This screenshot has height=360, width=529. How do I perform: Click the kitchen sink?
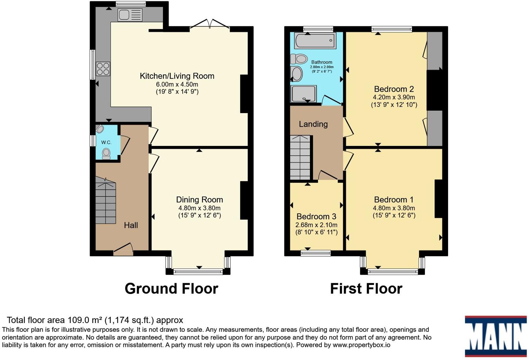tap(130, 15)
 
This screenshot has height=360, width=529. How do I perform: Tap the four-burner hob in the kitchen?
tap(103, 68)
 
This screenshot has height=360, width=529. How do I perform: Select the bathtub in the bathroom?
tap(315, 41)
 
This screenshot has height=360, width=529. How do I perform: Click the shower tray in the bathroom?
tap(304, 94)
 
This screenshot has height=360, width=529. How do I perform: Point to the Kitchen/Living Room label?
tap(177, 76)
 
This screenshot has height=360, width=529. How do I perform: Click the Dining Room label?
tap(199, 200)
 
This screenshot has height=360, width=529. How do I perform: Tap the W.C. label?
tap(106, 142)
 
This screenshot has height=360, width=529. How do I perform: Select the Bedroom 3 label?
tap(316, 216)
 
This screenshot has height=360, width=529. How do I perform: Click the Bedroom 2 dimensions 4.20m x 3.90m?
tap(394, 97)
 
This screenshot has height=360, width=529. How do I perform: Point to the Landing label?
tap(313, 124)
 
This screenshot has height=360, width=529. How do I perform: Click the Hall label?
tap(131, 225)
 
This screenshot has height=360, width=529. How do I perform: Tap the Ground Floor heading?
tap(171, 288)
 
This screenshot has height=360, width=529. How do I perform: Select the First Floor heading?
tap(366, 288)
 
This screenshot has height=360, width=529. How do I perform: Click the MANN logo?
tap(495, 336)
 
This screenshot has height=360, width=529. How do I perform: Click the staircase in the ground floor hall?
tap(106, 201)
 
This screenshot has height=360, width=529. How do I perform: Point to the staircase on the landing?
tap(300, 158)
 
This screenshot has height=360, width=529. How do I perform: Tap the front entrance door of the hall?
tap(123, 250)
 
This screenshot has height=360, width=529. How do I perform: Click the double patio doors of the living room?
tap(210, 25)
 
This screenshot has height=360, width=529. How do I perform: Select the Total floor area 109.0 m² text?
tap(95, 320)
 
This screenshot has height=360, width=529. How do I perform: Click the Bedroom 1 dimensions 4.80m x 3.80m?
tap(394, 208)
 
